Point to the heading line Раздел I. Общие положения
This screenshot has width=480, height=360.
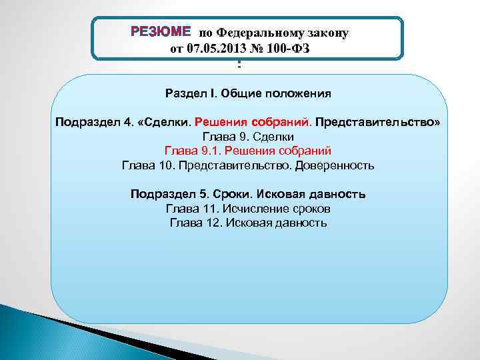[x=248, y=93]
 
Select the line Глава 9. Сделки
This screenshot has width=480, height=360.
[x=248, y=137]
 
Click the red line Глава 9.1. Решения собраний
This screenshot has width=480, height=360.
[x=248, y=151]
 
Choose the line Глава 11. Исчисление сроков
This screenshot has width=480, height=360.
[x=248, y=209]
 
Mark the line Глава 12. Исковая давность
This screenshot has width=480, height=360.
[x=248, y=223]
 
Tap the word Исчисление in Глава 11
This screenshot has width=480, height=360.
[x=255, y=209]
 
